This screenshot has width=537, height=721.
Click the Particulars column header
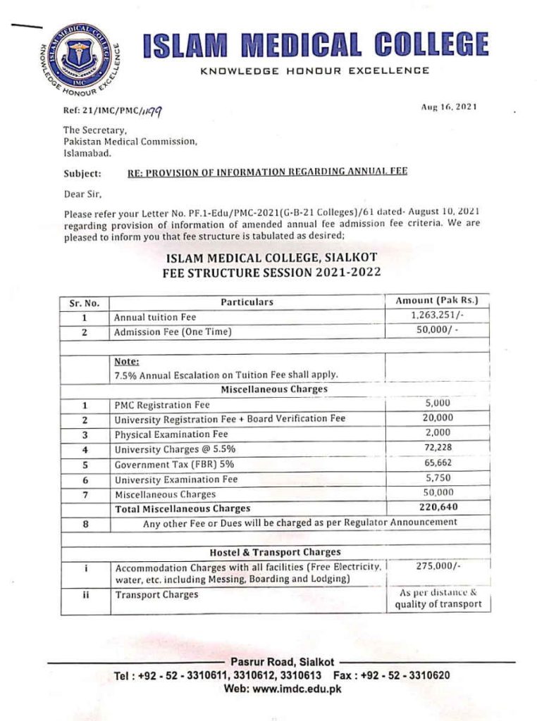247,302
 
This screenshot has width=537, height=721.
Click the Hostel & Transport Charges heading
274,552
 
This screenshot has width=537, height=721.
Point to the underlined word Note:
127,361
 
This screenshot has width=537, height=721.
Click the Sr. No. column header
84,303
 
